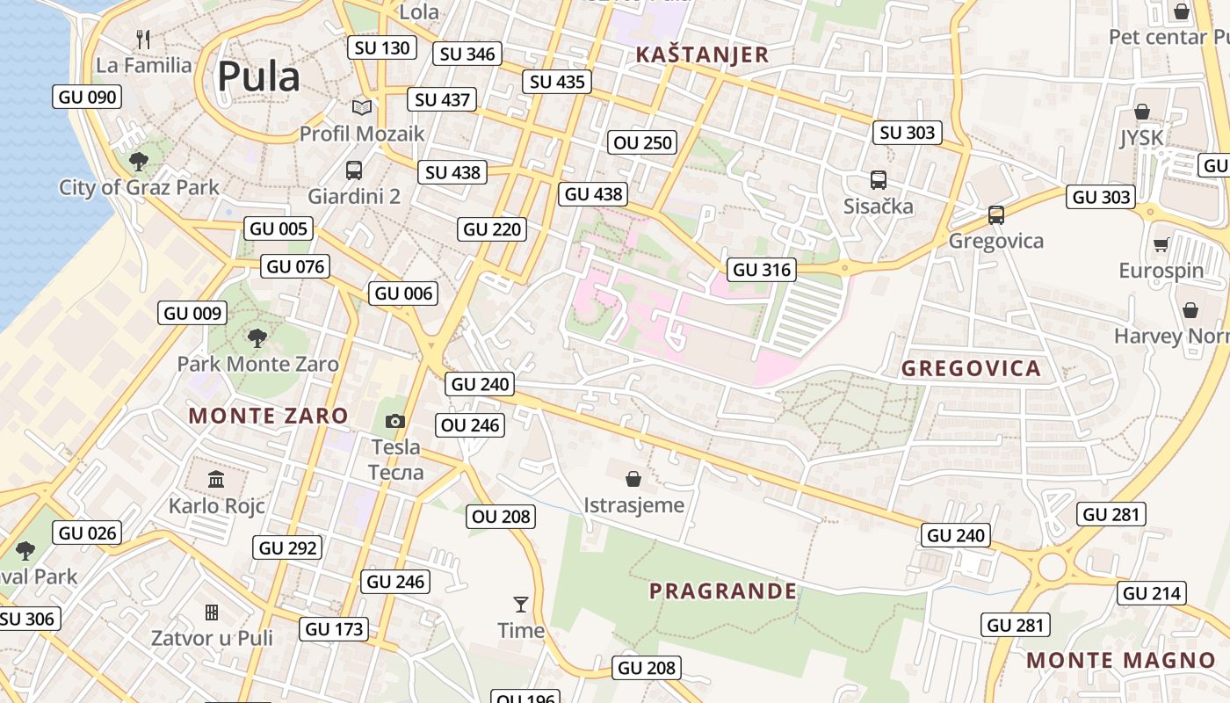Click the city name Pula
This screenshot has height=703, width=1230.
pyautogui.click(x=258, y=76)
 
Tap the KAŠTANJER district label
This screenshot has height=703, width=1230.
pyautogui.click(x=702, y=54)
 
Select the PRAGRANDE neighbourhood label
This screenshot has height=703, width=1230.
pyautogui.click(x=723, y=591)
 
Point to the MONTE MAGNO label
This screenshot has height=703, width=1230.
pyautogui.click(x=1121, y=661)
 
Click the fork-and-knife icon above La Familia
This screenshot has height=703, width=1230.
pyautogui.click(x=144, y=39)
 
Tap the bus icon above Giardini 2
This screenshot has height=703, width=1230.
pyautogui.click(x=354, y=170)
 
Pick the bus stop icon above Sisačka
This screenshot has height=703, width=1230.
pyautogui.click(x=878, y=180)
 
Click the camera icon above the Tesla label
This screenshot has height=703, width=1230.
pyautogui.click(x=395, y=422)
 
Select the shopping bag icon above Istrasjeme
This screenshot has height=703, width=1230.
pyautogui.click(x=633, y=479)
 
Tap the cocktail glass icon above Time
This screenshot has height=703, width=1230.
pyautogui.click(x=521, y=605)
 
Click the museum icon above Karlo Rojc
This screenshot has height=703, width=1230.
pyautogui.click(x=216, y=479)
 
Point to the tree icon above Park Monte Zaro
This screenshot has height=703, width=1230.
pyautogui.click(x=257, y=337)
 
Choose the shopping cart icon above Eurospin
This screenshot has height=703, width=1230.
pyautogui.click(x=1161, y=244)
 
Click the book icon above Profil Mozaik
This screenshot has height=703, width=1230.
pyautogui.click(x=361, y=108)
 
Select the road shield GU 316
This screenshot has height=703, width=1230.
pyautogui.click(x=762, y=270)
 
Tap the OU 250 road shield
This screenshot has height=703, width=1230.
pyautogui.click(x=643, y=142)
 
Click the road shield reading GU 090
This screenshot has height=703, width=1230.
pyautogui.click(x=87, y=97)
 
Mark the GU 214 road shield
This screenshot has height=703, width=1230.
pyautogui.click(x=1152, y=594)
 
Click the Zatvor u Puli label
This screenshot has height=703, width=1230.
pyautogui.click(x=212, y=638)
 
